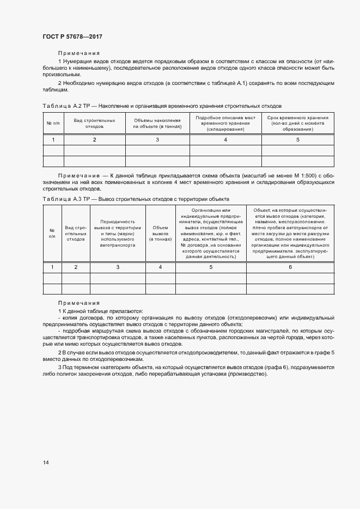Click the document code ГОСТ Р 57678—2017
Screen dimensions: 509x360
(72, 36)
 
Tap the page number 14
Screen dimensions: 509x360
(46, 463)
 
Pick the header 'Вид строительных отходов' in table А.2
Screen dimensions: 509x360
(94, 123)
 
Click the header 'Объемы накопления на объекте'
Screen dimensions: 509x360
(157, 123)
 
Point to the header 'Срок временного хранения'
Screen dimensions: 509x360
(298, 123)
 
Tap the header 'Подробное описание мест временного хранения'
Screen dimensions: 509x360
(225, 123)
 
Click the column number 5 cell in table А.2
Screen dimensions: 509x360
(298, 140)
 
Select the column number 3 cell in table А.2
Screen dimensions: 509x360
(157, 140)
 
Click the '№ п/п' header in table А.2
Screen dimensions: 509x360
(53, 123)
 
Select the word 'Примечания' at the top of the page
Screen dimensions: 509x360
(79, 53)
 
